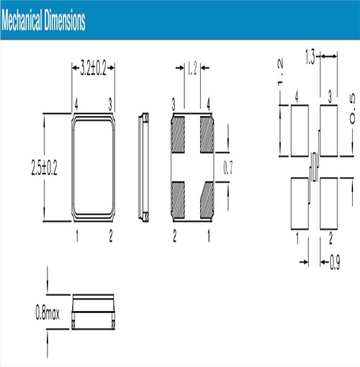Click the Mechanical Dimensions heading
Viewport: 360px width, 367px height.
[x=43, y=20]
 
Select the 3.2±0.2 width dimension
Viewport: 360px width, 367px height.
[x=93, y=68]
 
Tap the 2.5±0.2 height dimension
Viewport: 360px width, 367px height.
[x=45, y=168]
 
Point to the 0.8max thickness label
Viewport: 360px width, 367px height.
[x=48, y=312]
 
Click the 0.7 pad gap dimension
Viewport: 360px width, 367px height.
[x=228, y=168]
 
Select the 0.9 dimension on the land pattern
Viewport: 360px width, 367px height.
[x=335, y=262]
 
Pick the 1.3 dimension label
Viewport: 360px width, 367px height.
[x=310, y=57]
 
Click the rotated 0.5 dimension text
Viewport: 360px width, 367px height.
[x=352, y=109]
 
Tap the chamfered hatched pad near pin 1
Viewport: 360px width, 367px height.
[x=207, y=200]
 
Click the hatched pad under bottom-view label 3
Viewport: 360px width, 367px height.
[x=178, y=135]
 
